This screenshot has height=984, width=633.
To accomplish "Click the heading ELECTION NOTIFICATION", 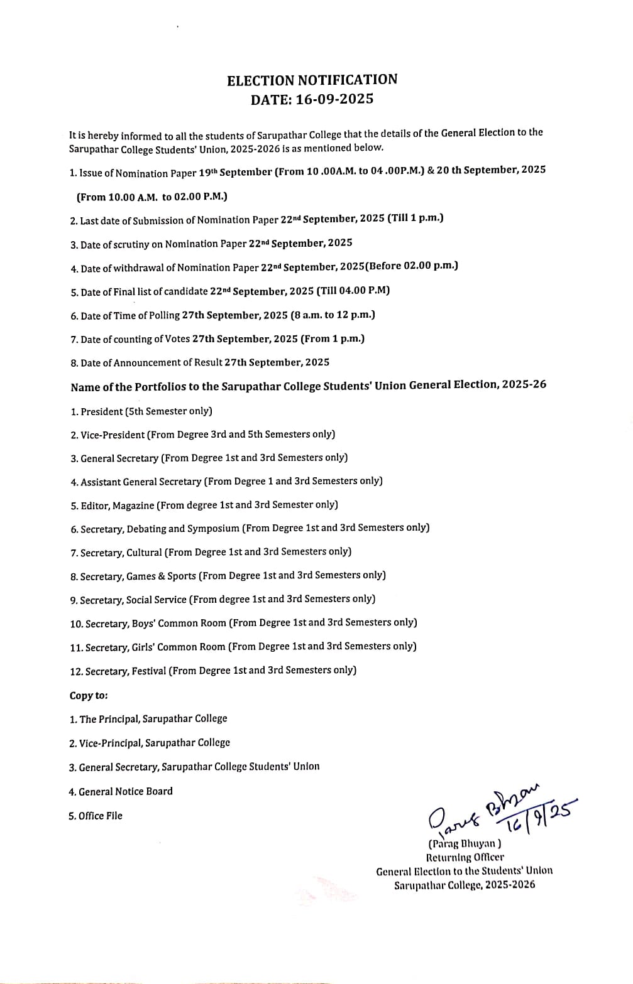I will [312, 80].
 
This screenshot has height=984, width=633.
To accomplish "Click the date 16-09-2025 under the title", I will [334, 99].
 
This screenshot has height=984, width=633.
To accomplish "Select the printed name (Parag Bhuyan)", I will [465, 844].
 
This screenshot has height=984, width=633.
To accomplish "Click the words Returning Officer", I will [465, 857].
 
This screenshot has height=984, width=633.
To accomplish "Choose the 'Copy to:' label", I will [89, 695].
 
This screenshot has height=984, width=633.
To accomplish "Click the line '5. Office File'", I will [96, 816].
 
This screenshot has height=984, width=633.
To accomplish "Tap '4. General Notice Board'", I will [120, 791].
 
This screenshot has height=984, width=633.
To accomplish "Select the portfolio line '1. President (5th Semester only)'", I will [141, 411].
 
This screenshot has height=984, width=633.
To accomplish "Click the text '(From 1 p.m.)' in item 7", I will [333, 338].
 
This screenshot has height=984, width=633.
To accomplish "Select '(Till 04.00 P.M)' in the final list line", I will [353, 290].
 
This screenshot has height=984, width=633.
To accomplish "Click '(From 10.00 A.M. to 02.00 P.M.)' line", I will [152, 197].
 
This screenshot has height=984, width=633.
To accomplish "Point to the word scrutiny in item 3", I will [130, 244].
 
